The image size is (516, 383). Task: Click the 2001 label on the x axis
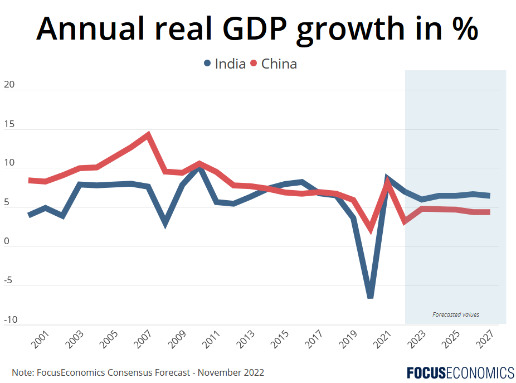(x=40, y=339)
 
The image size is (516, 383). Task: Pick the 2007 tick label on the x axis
(x=143, y=339)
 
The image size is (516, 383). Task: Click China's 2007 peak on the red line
(x=148, y=134)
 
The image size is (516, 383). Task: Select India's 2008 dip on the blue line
(x=165, y=224)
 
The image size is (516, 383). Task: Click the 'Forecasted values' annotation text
(x=455, y=314)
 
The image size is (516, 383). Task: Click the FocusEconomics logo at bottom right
(x=460, y=372)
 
